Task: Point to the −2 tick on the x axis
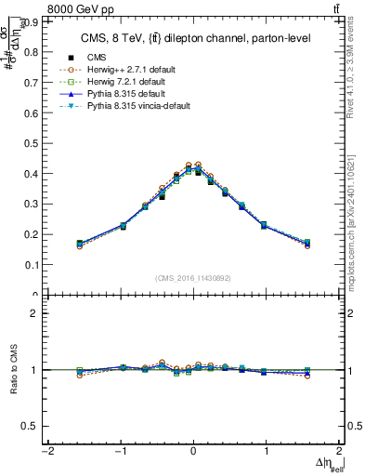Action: (46, 453)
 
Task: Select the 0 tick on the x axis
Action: (193, 453)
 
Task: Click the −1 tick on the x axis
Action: (120, 453)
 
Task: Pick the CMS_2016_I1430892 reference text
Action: (192, 278)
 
